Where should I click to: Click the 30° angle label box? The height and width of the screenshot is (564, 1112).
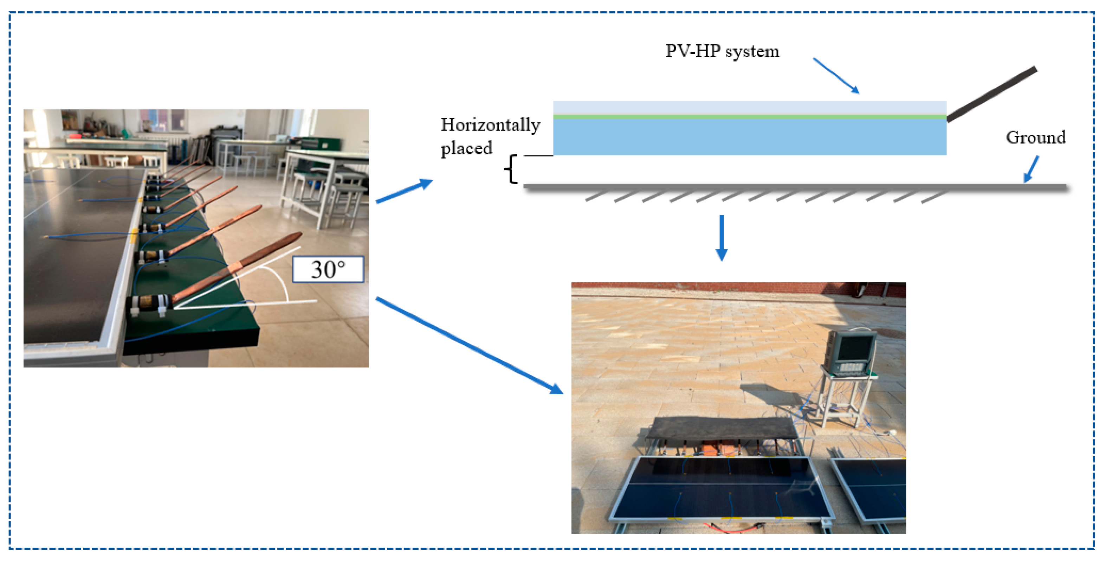point(328,269)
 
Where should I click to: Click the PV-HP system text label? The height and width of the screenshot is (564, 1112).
point(722,51)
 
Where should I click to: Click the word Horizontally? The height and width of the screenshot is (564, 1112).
point(490,125)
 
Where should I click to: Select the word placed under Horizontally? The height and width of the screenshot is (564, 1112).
point(466,148)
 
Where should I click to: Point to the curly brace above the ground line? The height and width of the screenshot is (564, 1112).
point(511,169)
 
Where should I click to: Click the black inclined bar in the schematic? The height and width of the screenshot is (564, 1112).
point(991,94)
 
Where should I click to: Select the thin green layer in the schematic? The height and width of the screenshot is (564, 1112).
point(749,117)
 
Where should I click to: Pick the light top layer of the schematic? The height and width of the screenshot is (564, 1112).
point(749,108)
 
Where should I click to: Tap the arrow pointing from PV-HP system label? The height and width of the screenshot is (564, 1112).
point(836,76)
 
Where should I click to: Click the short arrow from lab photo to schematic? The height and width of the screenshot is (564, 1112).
point(404,191)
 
